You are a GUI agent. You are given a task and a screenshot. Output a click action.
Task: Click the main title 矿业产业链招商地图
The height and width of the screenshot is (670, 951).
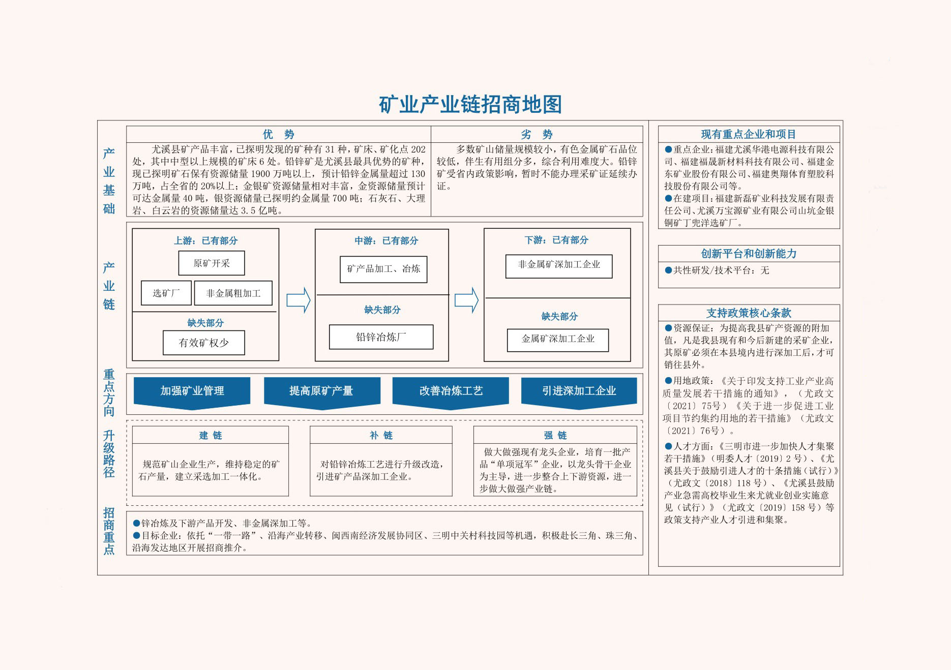[x=470, y=104]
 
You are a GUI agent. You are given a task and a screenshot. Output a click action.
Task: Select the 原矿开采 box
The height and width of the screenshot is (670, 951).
[x=212, y=263]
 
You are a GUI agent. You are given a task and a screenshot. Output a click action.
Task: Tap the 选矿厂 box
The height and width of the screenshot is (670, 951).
[x=166, y=293]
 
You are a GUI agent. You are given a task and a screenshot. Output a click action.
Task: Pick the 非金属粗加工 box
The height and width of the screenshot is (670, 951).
[x=233, y=293]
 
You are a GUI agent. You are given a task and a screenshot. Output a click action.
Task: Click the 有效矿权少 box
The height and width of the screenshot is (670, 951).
[x=204, y=343]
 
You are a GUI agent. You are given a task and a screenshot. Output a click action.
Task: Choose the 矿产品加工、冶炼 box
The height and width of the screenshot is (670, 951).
[x=383, y=269]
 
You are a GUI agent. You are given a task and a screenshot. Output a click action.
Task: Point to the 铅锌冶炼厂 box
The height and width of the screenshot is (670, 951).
[x=381, y=337]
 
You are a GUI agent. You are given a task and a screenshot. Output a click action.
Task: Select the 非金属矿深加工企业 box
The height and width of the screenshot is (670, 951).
[x=559, y=266]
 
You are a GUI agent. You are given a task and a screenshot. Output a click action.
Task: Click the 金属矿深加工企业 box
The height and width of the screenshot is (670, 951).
[x=558, y=340]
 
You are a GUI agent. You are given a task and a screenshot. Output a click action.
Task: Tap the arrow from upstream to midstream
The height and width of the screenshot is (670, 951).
[x=299, y=300]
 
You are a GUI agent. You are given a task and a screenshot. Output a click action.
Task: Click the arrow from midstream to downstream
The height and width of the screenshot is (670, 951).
[x=466, y=300]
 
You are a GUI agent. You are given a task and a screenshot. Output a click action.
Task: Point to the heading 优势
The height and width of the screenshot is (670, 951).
[x=279, y=134]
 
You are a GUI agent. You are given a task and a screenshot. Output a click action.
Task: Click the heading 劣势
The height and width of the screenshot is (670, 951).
[x=537, y=134]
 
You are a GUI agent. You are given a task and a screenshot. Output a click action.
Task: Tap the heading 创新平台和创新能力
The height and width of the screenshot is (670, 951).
[x=749, y=254]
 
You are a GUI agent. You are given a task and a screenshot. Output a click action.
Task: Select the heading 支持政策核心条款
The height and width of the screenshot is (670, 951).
[x=749, y=313]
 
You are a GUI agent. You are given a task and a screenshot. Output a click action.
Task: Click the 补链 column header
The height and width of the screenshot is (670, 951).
[x=381, y=435]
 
